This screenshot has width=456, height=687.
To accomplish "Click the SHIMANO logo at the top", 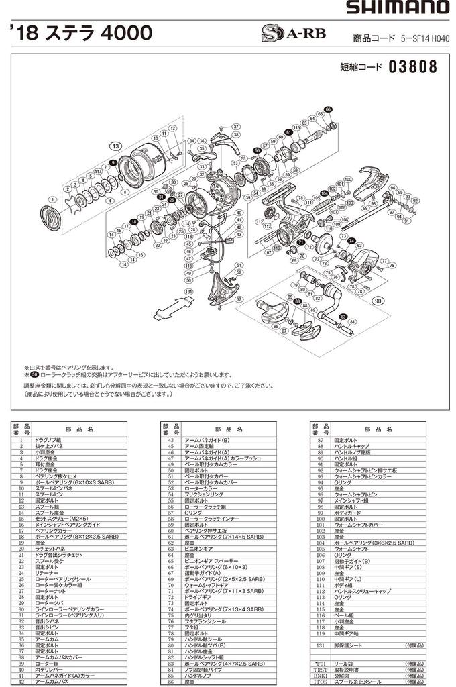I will (x=397, y=8).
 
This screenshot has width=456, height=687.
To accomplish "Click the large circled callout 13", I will (x=116, y=146).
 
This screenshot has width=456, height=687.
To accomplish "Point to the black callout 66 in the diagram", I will (x=328, y=109).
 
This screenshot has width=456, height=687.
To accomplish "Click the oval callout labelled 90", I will (x=380, y=301).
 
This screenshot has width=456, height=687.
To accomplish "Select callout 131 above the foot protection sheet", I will (x=189, y=292).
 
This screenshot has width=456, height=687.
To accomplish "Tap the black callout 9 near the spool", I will (x=113, y=164).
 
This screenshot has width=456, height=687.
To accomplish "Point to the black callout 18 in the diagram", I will (x=133, y=222).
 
